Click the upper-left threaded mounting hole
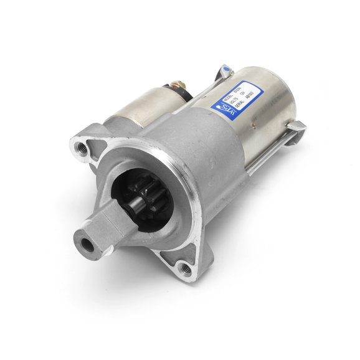(x=81, y=148)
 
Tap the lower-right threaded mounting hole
(x=186, y=269)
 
